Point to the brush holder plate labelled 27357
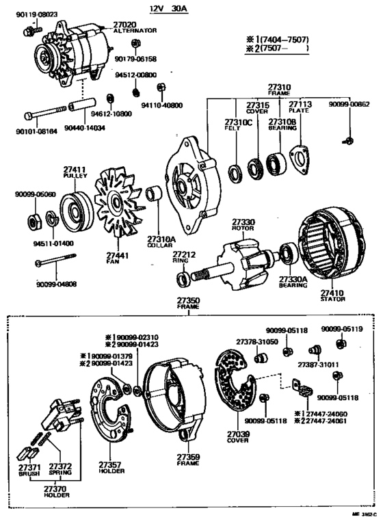109,417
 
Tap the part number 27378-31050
257,341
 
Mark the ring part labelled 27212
184,278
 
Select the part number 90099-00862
347,105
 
